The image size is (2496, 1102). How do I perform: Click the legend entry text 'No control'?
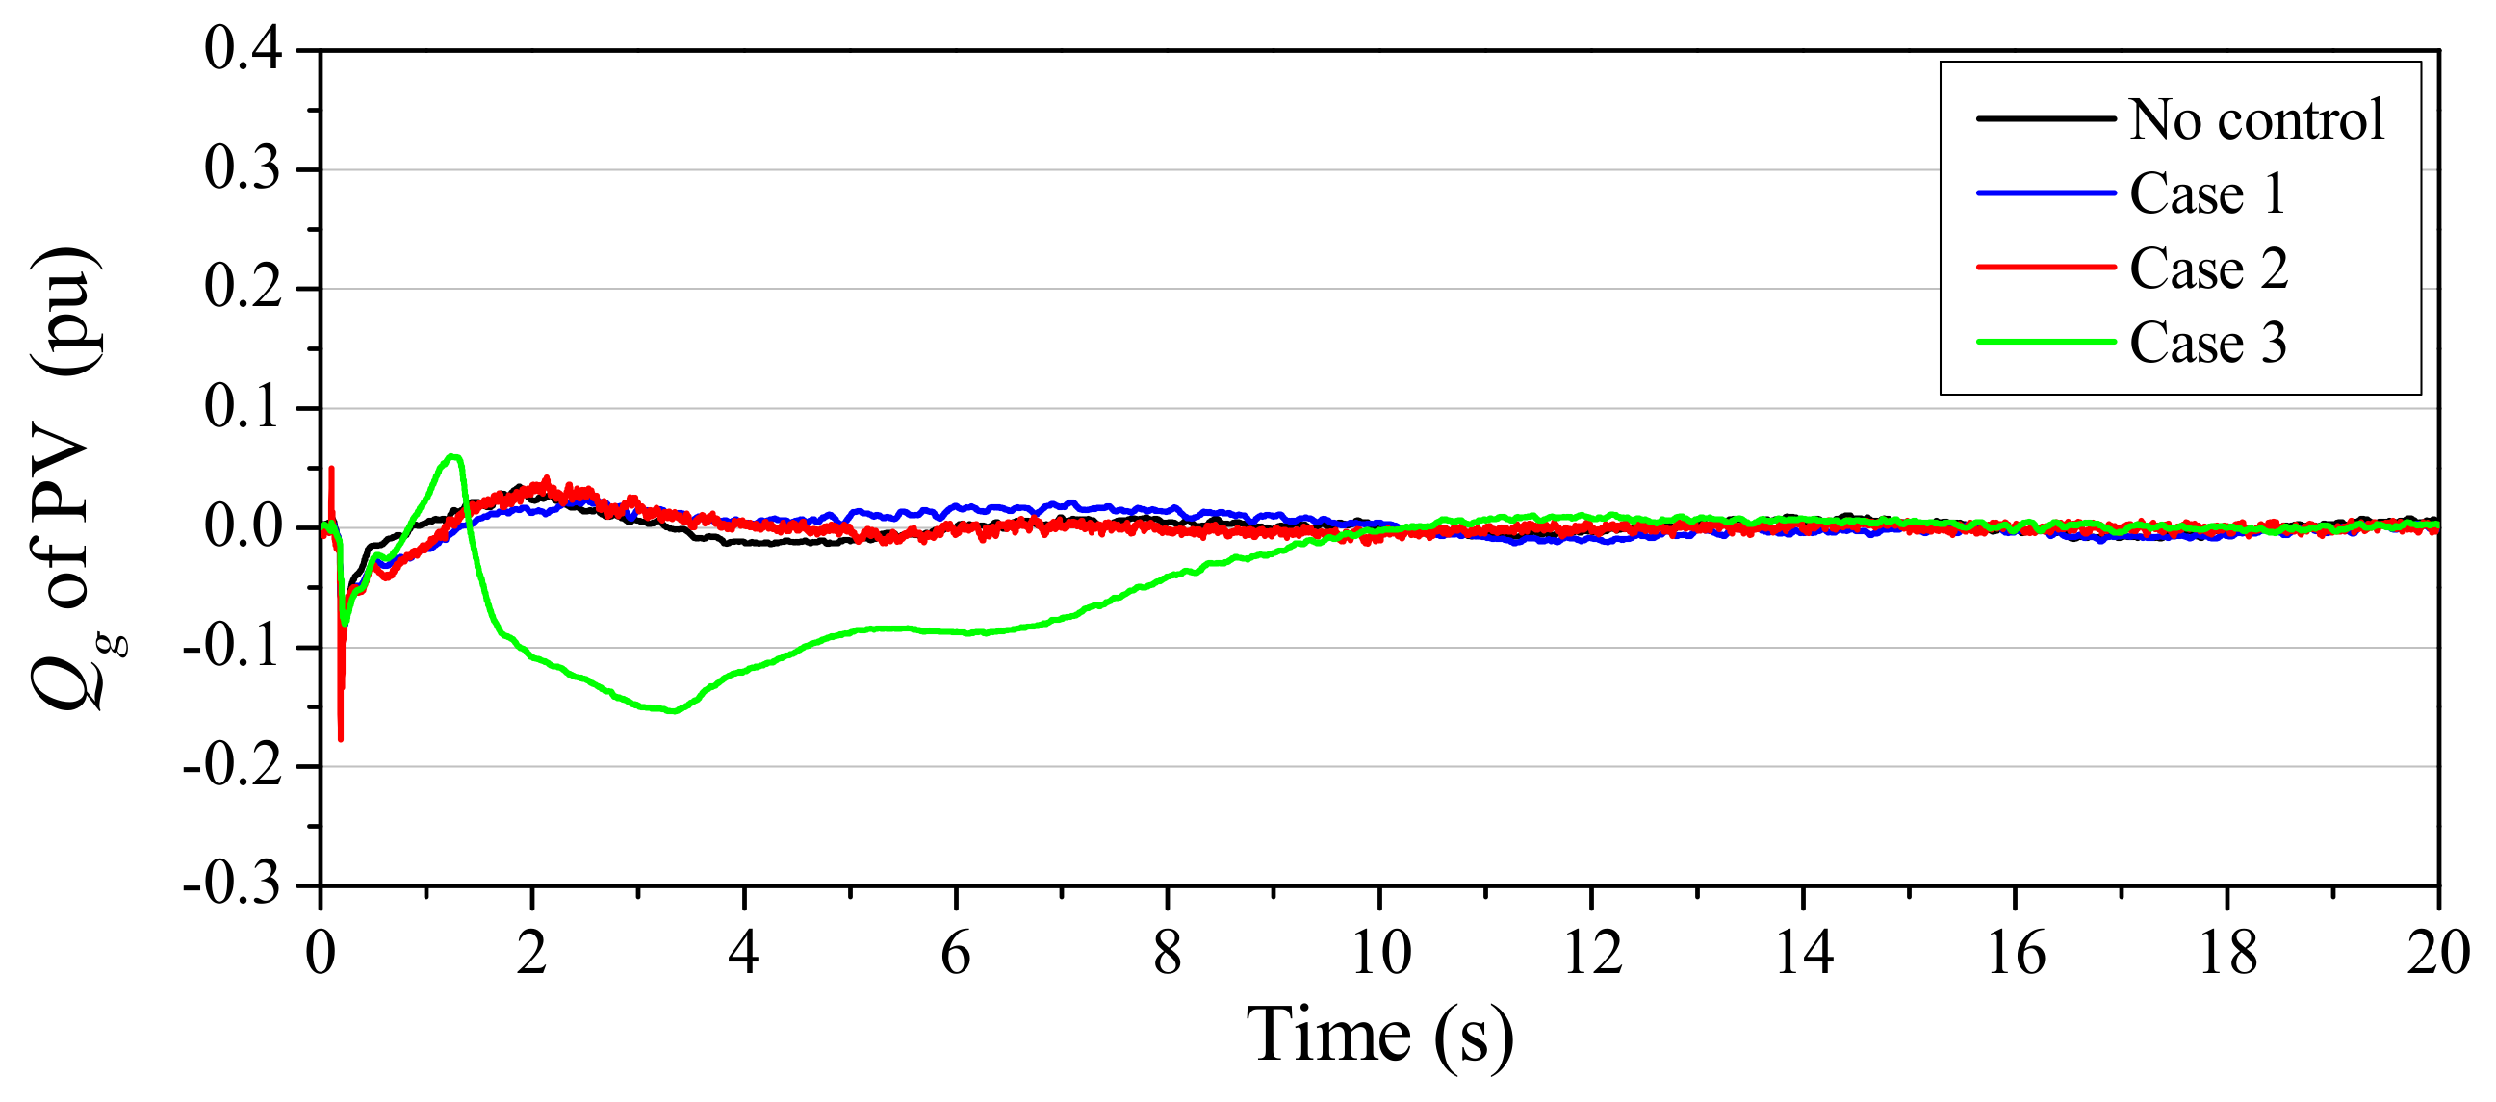point(2256,120)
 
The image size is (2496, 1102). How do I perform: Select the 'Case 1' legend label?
point(2208,193)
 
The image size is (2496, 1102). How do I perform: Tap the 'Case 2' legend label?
point(2209,269)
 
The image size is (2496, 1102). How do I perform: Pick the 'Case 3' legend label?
point(2208,343)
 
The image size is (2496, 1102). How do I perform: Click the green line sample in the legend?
point(2046,342)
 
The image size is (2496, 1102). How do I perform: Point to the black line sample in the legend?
point(2046,119)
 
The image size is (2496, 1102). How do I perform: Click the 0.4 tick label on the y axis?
point(243,48)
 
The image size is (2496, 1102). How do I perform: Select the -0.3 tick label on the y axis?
point(233,884)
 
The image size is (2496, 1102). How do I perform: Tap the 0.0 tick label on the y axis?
point(243,526)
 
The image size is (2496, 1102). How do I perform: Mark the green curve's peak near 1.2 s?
point(451,455)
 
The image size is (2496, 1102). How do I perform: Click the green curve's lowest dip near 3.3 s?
point(673,711)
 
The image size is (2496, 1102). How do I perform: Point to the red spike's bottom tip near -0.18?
point(340,740)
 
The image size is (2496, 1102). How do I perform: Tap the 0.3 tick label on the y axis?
point(243,168)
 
